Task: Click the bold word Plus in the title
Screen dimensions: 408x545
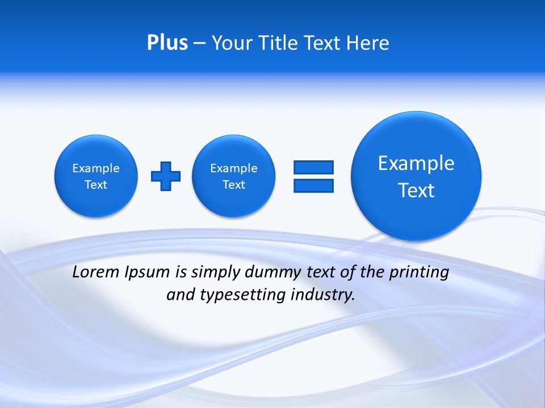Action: pos(167,43)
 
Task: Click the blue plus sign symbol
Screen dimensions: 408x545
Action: pos(166,176)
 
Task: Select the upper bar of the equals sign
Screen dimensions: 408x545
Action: pos(313,167)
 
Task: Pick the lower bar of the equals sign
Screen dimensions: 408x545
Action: pos(313,185)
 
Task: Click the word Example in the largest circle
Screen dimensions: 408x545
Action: pos(416,163)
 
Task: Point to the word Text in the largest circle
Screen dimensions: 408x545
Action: pos(416,190)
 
